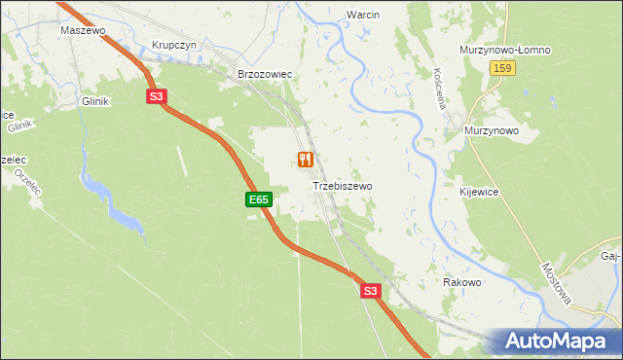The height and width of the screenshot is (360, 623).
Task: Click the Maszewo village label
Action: [82, 30]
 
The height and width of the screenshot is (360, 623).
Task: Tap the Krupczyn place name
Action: [174, 45]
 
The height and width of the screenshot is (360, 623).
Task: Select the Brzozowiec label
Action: [265, 74]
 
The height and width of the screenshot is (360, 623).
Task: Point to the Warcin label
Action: [362, 16]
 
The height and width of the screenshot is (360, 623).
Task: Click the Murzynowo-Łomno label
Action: [505, 51]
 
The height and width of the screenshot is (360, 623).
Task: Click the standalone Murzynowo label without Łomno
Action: [492, 130]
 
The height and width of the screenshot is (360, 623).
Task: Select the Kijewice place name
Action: [479, 192]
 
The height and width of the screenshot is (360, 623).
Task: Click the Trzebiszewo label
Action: [342, 185]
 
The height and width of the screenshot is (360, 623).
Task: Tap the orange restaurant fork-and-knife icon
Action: [306, 160]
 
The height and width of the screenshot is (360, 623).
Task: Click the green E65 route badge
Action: [257, 199]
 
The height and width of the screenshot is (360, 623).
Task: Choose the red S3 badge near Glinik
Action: [158, 95]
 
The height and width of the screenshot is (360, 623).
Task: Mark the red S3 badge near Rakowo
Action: [369, 290]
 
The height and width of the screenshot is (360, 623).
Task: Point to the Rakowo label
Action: [462, 282]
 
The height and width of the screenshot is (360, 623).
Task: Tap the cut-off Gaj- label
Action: [610, 257]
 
